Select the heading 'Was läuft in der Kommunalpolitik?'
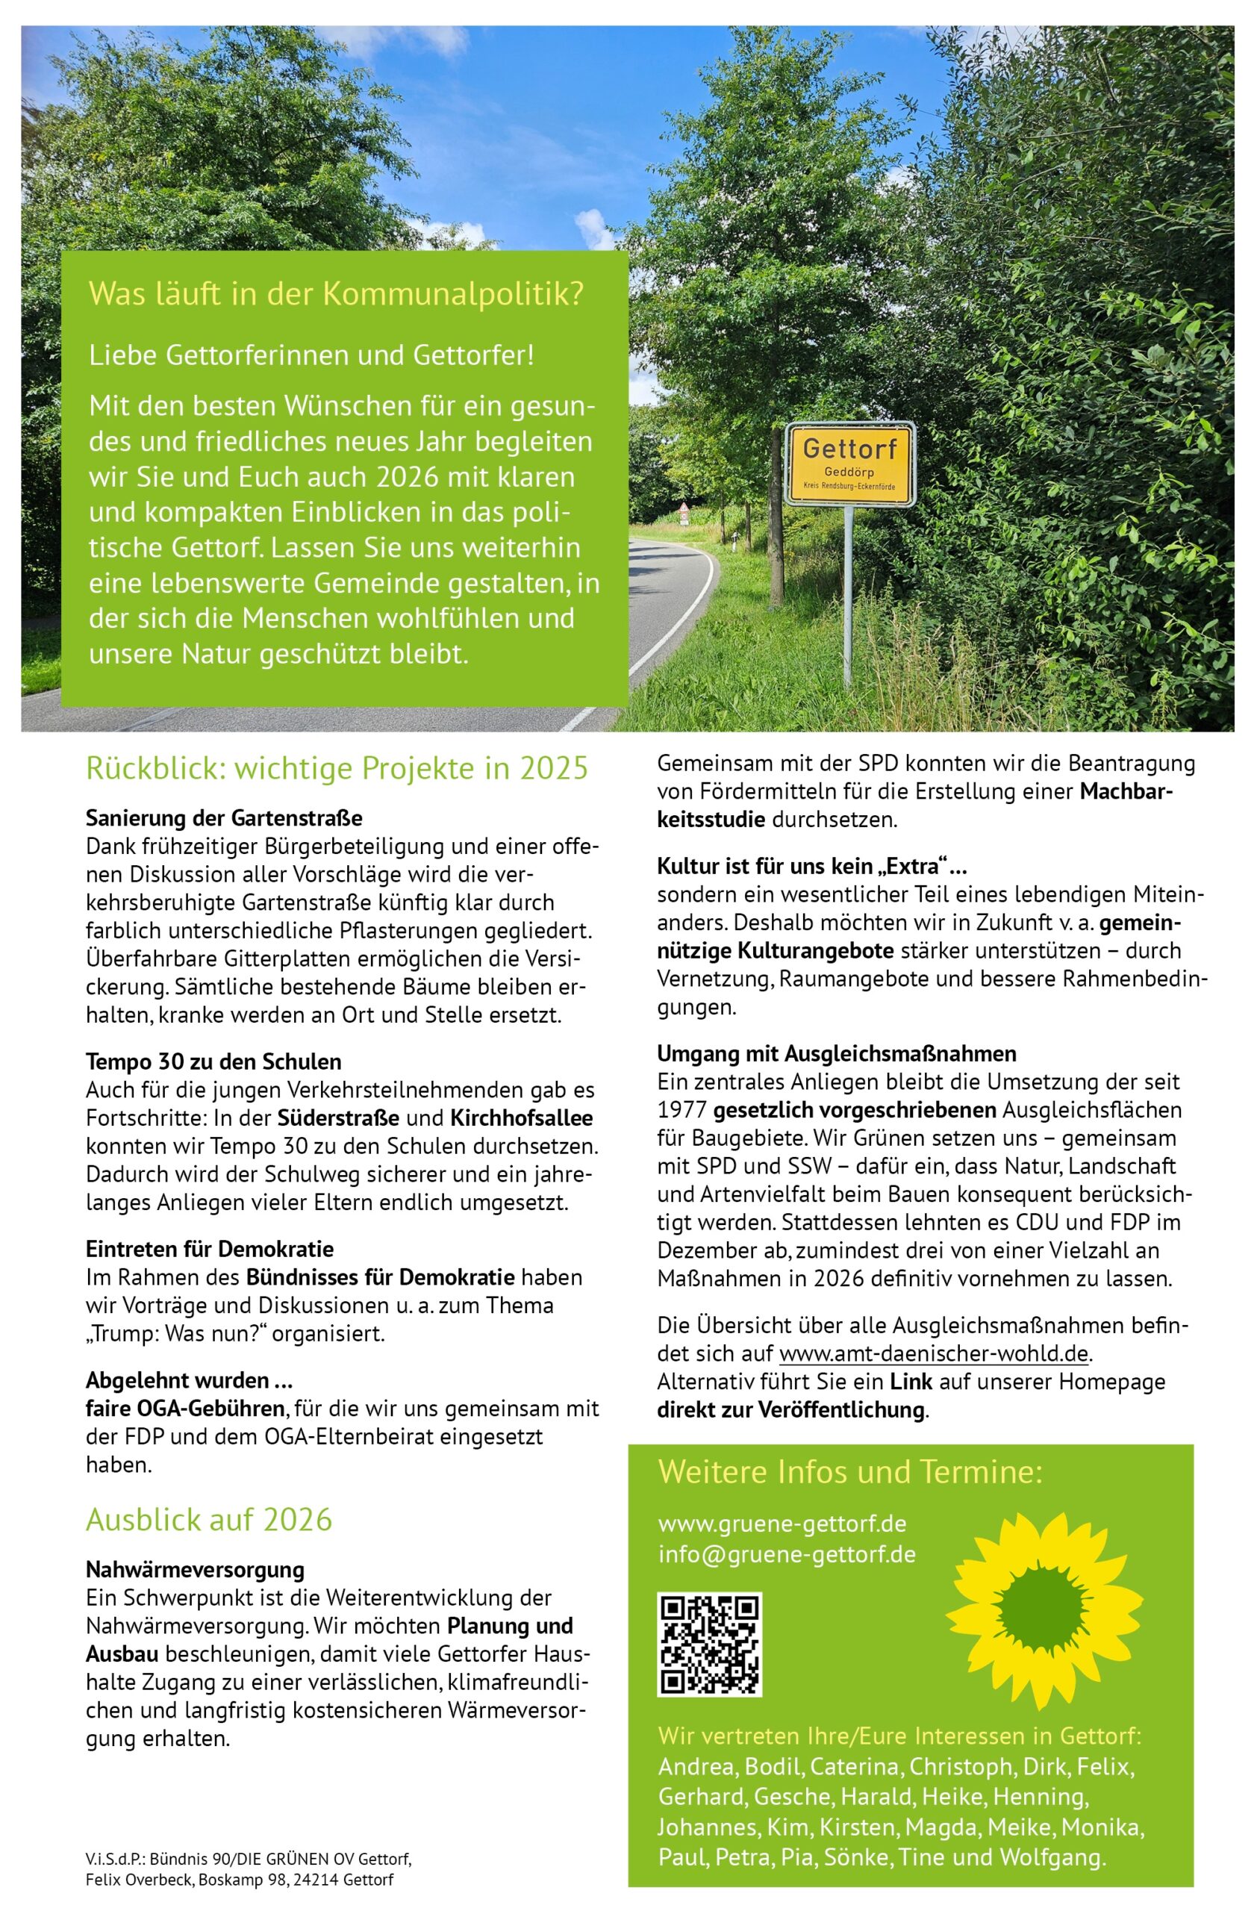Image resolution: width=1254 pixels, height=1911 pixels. (336, 294)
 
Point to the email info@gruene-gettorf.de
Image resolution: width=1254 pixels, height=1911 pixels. (786, 1553)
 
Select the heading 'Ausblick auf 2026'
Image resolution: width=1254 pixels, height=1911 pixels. (209, 1520)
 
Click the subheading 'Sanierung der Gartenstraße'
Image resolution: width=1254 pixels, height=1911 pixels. (224, 818)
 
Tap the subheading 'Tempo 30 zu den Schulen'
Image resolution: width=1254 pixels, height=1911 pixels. (213, 1062)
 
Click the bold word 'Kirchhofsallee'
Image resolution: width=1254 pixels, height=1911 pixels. (521, 1117)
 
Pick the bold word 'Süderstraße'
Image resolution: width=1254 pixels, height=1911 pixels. (338, 1117)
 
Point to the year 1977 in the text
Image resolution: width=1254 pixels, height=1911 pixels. (681, 1111)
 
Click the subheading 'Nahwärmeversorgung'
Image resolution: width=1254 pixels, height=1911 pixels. (195, 1570)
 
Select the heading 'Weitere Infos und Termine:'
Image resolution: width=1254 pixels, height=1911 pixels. (849, 1472)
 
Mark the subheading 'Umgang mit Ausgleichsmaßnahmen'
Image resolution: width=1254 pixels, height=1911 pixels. (837, 1053)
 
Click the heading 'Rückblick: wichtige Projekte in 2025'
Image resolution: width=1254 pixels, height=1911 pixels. (337, 768)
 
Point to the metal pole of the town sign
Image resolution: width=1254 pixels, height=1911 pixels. (848, 594)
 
